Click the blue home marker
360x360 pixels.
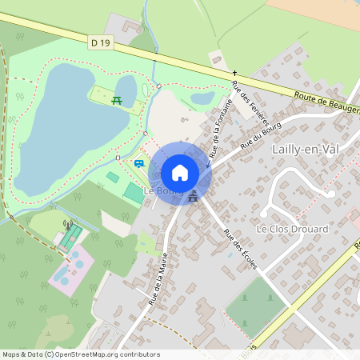click(180, 173)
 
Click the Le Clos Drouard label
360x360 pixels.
click(292, 229)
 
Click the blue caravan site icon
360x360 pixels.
click(139, 163)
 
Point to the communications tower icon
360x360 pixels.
click(68, 225)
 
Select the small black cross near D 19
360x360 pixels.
click(235, 73)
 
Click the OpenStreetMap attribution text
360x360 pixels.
click(80, 354)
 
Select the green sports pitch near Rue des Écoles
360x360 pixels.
click(255, 308)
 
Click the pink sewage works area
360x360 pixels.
click(70, 268)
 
